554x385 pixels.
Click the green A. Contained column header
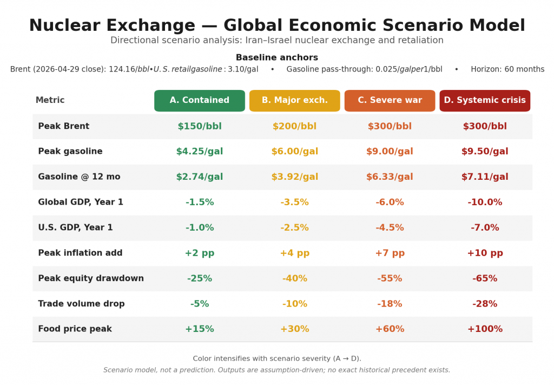point(200,101)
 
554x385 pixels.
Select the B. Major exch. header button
point(295,101)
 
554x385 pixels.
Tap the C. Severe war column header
point(390,101)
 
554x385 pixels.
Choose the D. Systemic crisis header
point(485,101)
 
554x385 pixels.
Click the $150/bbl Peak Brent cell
point(200,127)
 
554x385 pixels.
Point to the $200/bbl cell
point(295,127)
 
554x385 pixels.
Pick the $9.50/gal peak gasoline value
point(485,152)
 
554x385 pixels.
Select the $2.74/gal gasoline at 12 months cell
point(200,177)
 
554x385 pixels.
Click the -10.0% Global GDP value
point(485,203)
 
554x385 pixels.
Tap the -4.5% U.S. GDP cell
point(390,228)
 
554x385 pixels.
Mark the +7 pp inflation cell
point(390,253)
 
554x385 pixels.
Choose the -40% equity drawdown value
point(295,279)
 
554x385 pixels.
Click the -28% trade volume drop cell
point(485,304)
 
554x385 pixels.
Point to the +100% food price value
point(485,329)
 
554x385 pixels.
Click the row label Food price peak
point(75,329)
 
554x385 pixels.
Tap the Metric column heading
point(50,101)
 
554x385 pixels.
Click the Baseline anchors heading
point(277,58)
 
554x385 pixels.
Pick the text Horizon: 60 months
point(507,69)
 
